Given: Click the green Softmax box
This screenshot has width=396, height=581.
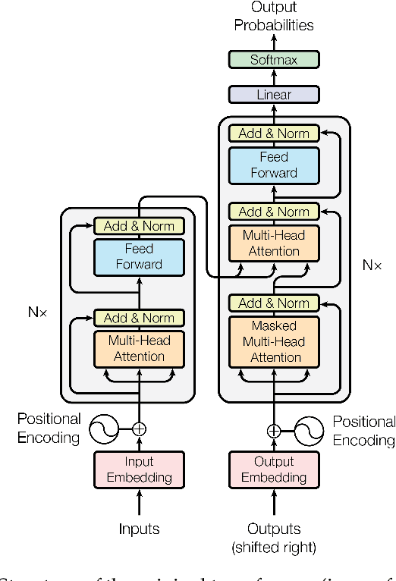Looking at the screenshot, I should [274, 59].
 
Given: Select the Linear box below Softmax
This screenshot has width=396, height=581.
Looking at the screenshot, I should [274, 95].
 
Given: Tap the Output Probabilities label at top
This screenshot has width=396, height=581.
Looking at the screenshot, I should [274, 17].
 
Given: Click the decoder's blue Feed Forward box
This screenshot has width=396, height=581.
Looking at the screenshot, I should [274, 165].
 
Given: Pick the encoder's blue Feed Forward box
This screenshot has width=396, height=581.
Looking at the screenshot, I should [139, 256].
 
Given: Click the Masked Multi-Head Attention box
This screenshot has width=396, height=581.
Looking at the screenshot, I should [274, 341].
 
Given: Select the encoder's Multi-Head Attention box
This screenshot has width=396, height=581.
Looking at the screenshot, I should [139, 349].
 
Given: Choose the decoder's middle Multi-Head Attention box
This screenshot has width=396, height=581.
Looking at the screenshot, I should [274, 243].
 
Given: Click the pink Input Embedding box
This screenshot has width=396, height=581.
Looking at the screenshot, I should [139, 470].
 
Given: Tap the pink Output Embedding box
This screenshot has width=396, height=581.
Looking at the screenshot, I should [274, 470].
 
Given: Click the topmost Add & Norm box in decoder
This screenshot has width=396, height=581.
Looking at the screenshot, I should [274, 133].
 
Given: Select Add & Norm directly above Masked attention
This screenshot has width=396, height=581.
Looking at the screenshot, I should [274, 303].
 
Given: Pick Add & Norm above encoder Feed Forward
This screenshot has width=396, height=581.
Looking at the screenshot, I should [139, 226].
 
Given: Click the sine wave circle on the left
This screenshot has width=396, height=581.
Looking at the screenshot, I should [104, 429].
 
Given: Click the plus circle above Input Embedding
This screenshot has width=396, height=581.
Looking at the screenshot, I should [139, 429].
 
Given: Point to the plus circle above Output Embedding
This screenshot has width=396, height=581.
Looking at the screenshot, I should [274, 431].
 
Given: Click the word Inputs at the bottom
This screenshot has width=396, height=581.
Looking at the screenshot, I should [139, 529].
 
